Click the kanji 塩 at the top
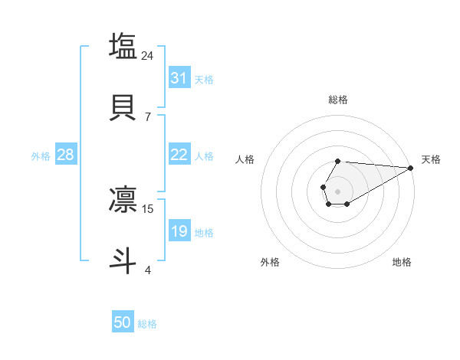point(123,45)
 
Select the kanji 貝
point(123,107)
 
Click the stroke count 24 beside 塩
point(148,55)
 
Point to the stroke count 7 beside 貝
point(148,116)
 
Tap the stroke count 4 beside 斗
point(148,270)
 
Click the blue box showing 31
point(179,78)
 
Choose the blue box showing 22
point(179,155)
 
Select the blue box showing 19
point(179,231)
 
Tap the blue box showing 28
point(66,155)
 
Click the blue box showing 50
point(123,322)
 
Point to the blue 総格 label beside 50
point(147,324)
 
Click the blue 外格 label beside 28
point(41,156)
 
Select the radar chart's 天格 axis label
point(431,159)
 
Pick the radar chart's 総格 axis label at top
point(338,100)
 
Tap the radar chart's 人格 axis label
point(245,159)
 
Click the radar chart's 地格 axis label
point(402,262)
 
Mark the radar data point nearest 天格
point(411,168)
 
